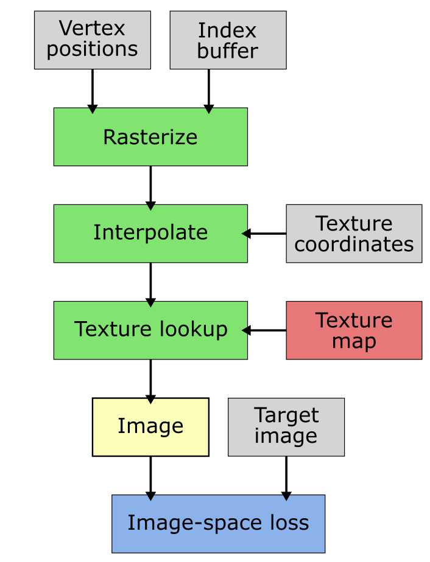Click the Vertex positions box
coord(92,40)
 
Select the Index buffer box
coord(228,40)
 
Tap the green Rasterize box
coord(150,137)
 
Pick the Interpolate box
coord(150,233)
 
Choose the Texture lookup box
coord(150,330)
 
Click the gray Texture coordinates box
coord(354,234)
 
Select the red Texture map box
coord(354,330)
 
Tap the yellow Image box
coord(150,426)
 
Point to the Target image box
coord(286,426)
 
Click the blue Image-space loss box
coord(218,523)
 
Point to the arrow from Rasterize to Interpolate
coord(150,187)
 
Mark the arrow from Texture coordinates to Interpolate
coord(266,234)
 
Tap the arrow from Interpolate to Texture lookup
coord(150,283)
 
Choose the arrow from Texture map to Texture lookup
coord(266,330)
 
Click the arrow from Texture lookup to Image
coord(150,380)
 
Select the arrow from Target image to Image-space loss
coord(286,477)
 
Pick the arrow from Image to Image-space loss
coord(150,477)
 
